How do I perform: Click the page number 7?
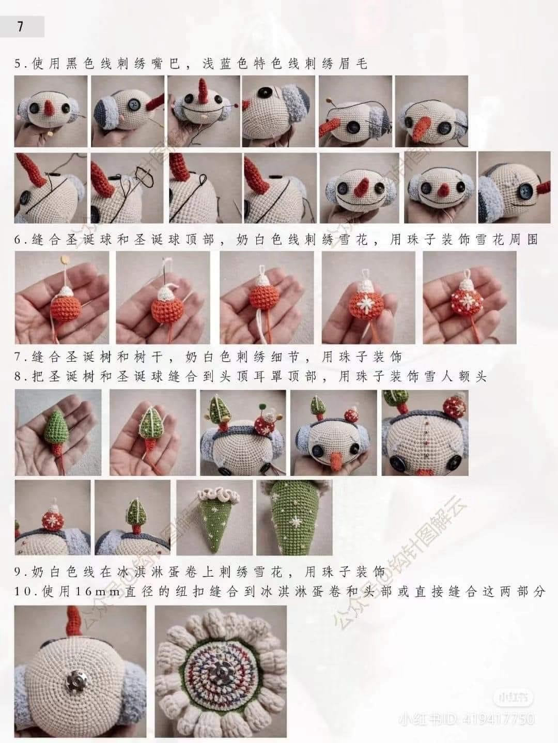(20, 26)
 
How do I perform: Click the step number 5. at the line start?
(20, 64)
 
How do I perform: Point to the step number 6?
(20, 240)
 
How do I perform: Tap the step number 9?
(20, 572)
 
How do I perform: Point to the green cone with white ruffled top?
(213, 517)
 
